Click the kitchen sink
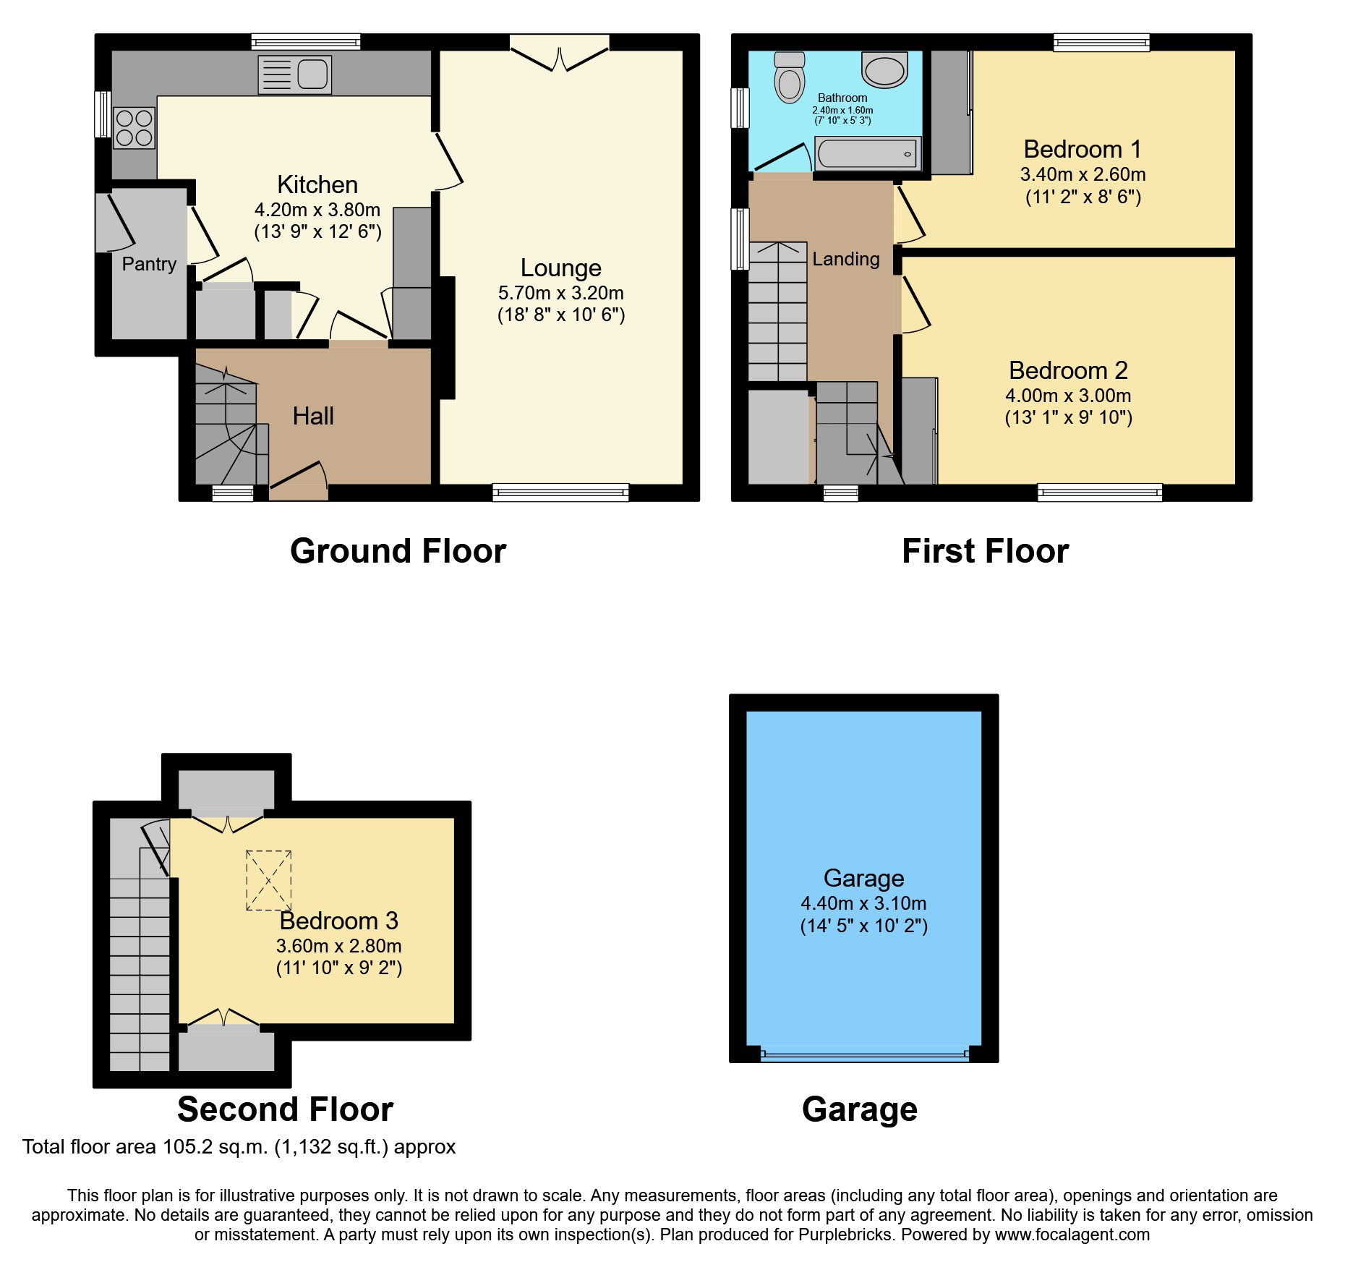(x=295, y=74)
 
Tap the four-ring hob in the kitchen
(x=134, y=128)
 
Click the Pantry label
(x=149, y=264)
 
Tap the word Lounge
(x=560, y=268)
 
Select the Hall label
(x=313, y=416)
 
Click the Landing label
(x=845, y=259)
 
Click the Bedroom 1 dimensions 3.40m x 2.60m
(x=1083, y=174)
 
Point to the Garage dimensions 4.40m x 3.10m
(x=863, y=903)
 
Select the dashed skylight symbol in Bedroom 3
(x=269, y=880)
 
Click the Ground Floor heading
(x=398, y=551)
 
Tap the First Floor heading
(x=985, y=551)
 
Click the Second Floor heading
(x=285, y=1109)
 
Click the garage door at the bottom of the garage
(x=864, y=1054)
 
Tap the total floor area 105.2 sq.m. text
(x=239, y=1147)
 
